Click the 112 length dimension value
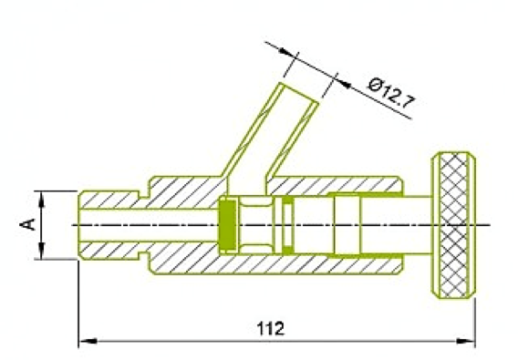(271, 328)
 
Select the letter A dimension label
(27, 224)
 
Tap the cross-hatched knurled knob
(454, 225)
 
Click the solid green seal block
(228, 225)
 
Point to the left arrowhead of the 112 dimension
(88, 341)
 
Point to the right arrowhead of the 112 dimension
(465, 341)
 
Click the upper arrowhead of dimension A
(42, 200)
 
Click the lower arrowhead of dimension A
(42, 251)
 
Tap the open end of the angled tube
(300, 93)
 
